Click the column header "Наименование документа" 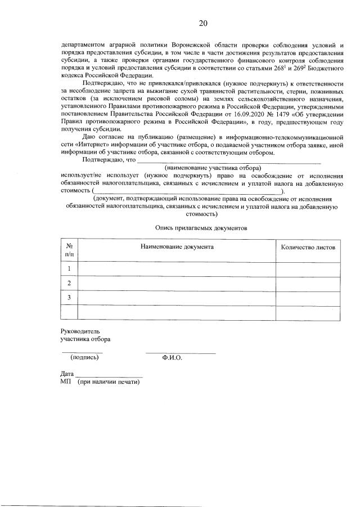click(x=177, y=246)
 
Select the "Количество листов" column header click(x=307, y=247)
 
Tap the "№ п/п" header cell click(x=69, y=250)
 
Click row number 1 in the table click(x=69, y=269)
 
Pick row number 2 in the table click(x=69, y=283)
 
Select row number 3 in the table click(x=69, y=297)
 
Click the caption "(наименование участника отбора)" click(x=213, y=168)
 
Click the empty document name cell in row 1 click(x=177, y=269)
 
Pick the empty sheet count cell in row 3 click(x=307, y=297)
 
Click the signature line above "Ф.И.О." click(x=180, y=352)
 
